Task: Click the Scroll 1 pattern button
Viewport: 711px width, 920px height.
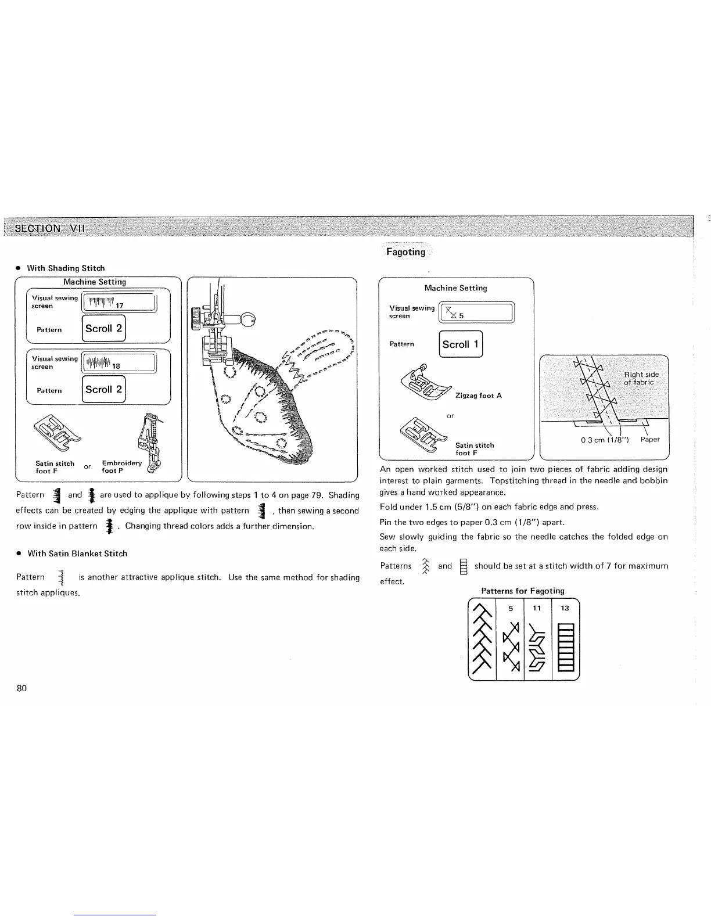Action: coord(461,344)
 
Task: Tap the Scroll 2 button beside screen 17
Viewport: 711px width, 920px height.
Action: coord(104,328)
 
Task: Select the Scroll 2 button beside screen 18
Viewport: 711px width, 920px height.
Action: coord(104,389)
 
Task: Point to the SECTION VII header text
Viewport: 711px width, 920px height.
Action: coord(50,228)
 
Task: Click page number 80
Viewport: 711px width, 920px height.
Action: coord(22,688)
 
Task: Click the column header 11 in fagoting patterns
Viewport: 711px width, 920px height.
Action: coord(537,608)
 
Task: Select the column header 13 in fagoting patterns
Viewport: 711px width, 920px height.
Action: coord(565,608)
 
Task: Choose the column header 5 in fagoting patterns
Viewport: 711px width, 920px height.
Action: coord(510,608)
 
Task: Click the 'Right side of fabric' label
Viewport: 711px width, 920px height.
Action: coord(640,378)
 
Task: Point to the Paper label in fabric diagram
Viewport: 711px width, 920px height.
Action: coord(650,439)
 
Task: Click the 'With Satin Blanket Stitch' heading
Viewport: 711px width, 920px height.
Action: coord(77,554)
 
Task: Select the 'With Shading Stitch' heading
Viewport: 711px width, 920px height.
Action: coord(66,268)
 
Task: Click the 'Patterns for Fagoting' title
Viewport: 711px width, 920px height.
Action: coord(522,591)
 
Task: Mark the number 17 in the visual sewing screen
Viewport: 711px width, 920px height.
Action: coord(120,306)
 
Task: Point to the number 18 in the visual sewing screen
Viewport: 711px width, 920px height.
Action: coord(116,366)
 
